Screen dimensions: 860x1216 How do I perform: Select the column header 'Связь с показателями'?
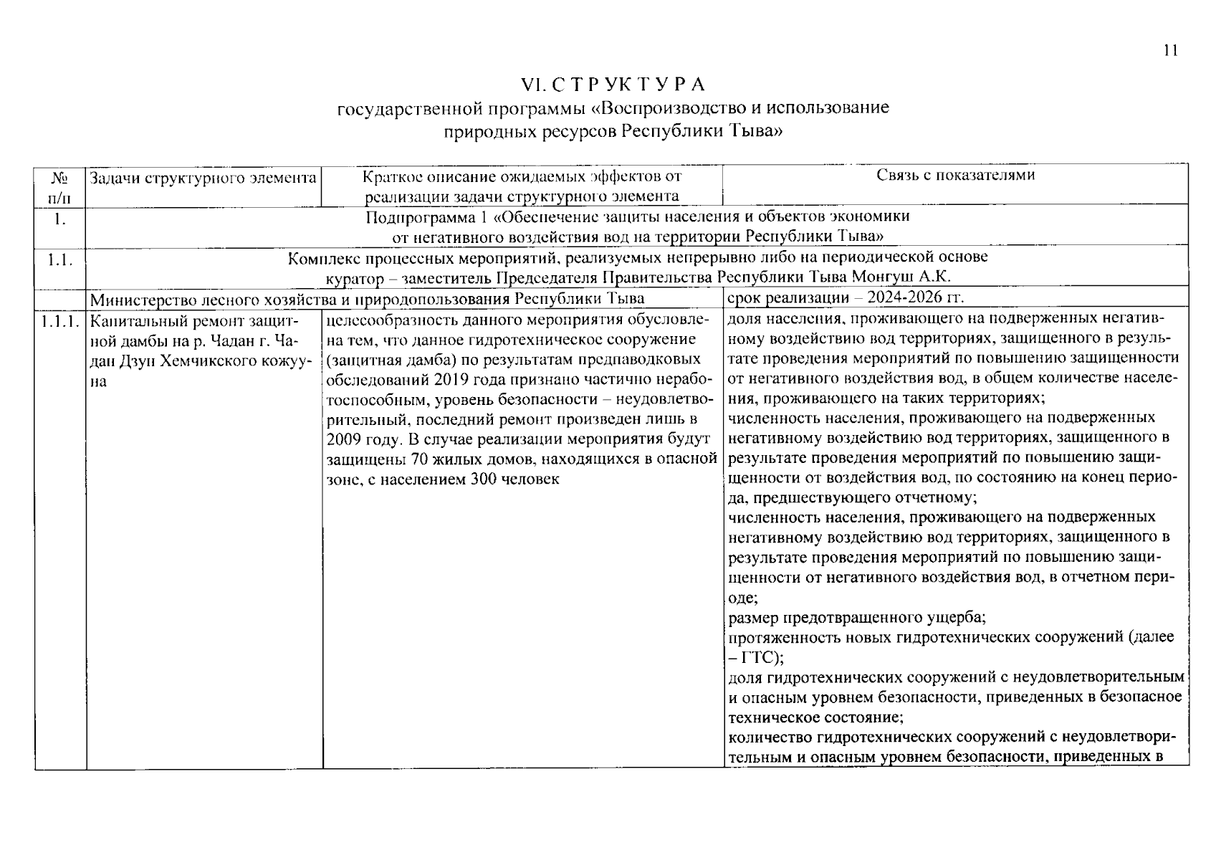pyautogui.click(x=956, y=175)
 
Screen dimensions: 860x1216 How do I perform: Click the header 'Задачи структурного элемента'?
pyautogui.click(x=204, y=177)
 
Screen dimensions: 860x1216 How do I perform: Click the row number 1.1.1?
pyautogui.click(x=60, y=320)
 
